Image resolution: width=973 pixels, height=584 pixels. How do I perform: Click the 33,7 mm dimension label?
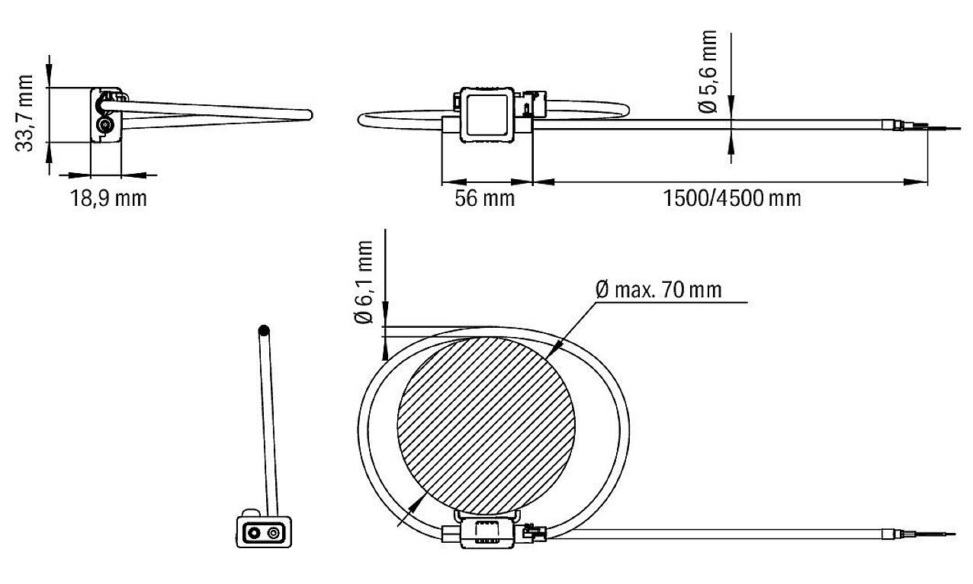coord(27,114)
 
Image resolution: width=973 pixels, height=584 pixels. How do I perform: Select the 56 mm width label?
coord(485,199)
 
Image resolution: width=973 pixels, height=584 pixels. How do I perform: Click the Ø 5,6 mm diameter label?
coord(709,72)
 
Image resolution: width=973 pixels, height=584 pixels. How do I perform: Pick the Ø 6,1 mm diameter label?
coord(365,283)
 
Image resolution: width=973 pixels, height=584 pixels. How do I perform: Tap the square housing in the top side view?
coord(488,115)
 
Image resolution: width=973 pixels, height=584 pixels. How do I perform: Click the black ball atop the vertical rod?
coord(264,331)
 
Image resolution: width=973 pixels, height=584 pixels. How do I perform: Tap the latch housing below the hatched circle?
coord(483,531)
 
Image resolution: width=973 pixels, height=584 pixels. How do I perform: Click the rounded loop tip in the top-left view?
coord(308,114)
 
